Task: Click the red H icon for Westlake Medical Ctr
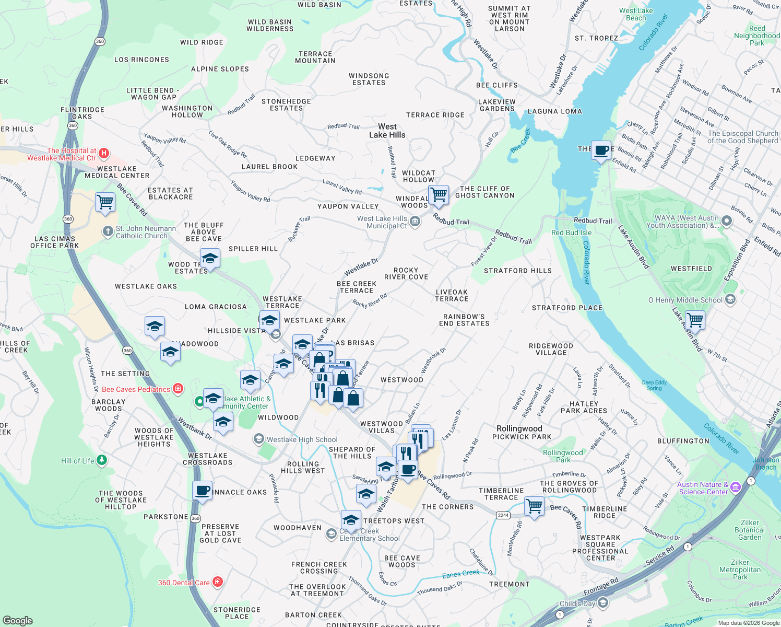pyautogui.click(x=104, y=153)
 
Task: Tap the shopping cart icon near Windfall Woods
pyautogui.click(x=439, y=195)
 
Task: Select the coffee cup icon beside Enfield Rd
pyautogui.click(x=601, y=150)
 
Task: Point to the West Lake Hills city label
pyautogui.click(x=387, y=131)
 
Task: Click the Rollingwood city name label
pyautogui.click(x=519, y=428)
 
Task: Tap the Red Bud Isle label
pyautogui.click(x=571, y=233)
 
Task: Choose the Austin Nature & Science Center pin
pyautogui.click(x=736, y=487)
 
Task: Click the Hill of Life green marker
pyautogui.click(x=102, y=460)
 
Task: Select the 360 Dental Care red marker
pyautogui.click(x=218, y=582)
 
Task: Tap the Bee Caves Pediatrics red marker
pyautogui.click(x=178, y=389)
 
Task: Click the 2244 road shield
pyautogui.click(x=503, y=515)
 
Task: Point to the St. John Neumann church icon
pyautogui.click(x=108, y=231)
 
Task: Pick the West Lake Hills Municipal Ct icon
pyautogui.click(x=415, y=222)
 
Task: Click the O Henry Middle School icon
pyautogui.click(x=730, y=299)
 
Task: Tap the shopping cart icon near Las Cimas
pyautogui.click(x=105, y=202)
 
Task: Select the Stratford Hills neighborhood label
pyautogui.click(x=517, y=271)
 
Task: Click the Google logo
pyautogui.click(x=17, y=621)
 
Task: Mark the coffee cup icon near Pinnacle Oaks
pyautogui.click(x=202, y=491)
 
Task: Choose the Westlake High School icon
pyautogui.click(x=258, y=439)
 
